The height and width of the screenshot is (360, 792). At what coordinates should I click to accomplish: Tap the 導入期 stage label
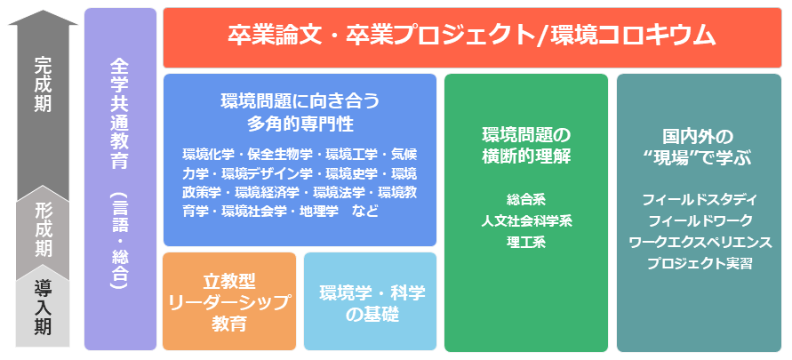(43, 306)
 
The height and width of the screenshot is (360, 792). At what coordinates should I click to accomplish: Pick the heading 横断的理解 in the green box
(525, 156)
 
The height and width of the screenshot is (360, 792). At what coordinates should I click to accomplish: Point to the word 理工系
(525, 241)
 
